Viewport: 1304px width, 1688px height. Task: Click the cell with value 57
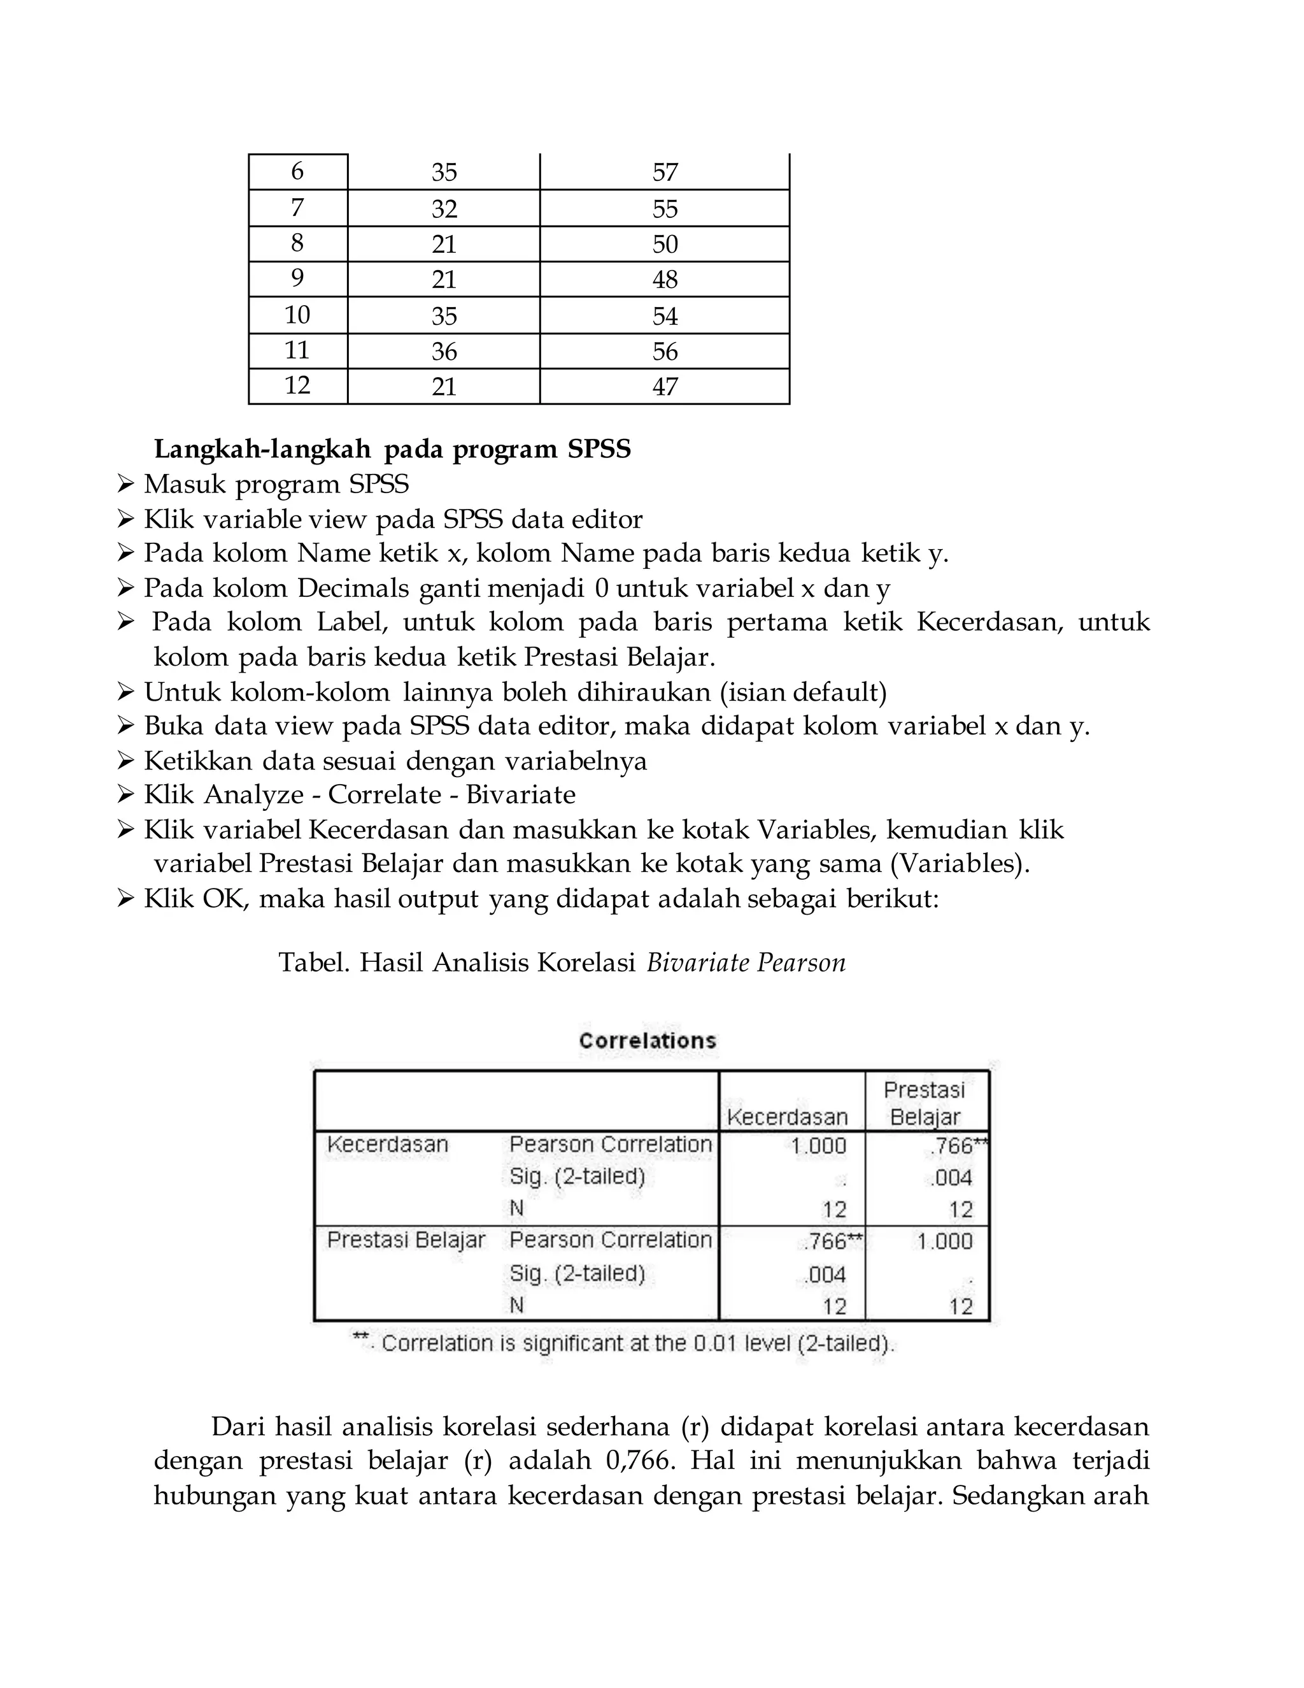[664, 171]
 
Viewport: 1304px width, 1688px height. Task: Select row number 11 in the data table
[297, 350]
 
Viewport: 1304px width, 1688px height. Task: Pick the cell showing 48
[664, 279]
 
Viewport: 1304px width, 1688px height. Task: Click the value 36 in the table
[444, 352]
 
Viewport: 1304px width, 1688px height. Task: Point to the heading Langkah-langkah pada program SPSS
[392, 449]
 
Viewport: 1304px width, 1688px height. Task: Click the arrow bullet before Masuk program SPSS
[126, 485]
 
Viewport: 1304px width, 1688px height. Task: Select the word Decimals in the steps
[353, 588]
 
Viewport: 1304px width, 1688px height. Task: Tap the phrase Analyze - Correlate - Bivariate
[452, 794]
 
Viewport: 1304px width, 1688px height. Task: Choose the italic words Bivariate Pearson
[746, 963]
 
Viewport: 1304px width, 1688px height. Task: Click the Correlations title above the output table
[648, 1040]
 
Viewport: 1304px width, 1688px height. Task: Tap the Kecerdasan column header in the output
[787, 1117]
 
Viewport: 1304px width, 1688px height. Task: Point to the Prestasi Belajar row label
[406, 1240]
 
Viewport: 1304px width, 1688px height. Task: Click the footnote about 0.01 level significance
[623, 1343]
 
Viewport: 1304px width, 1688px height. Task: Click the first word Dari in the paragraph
[238, 1427]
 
